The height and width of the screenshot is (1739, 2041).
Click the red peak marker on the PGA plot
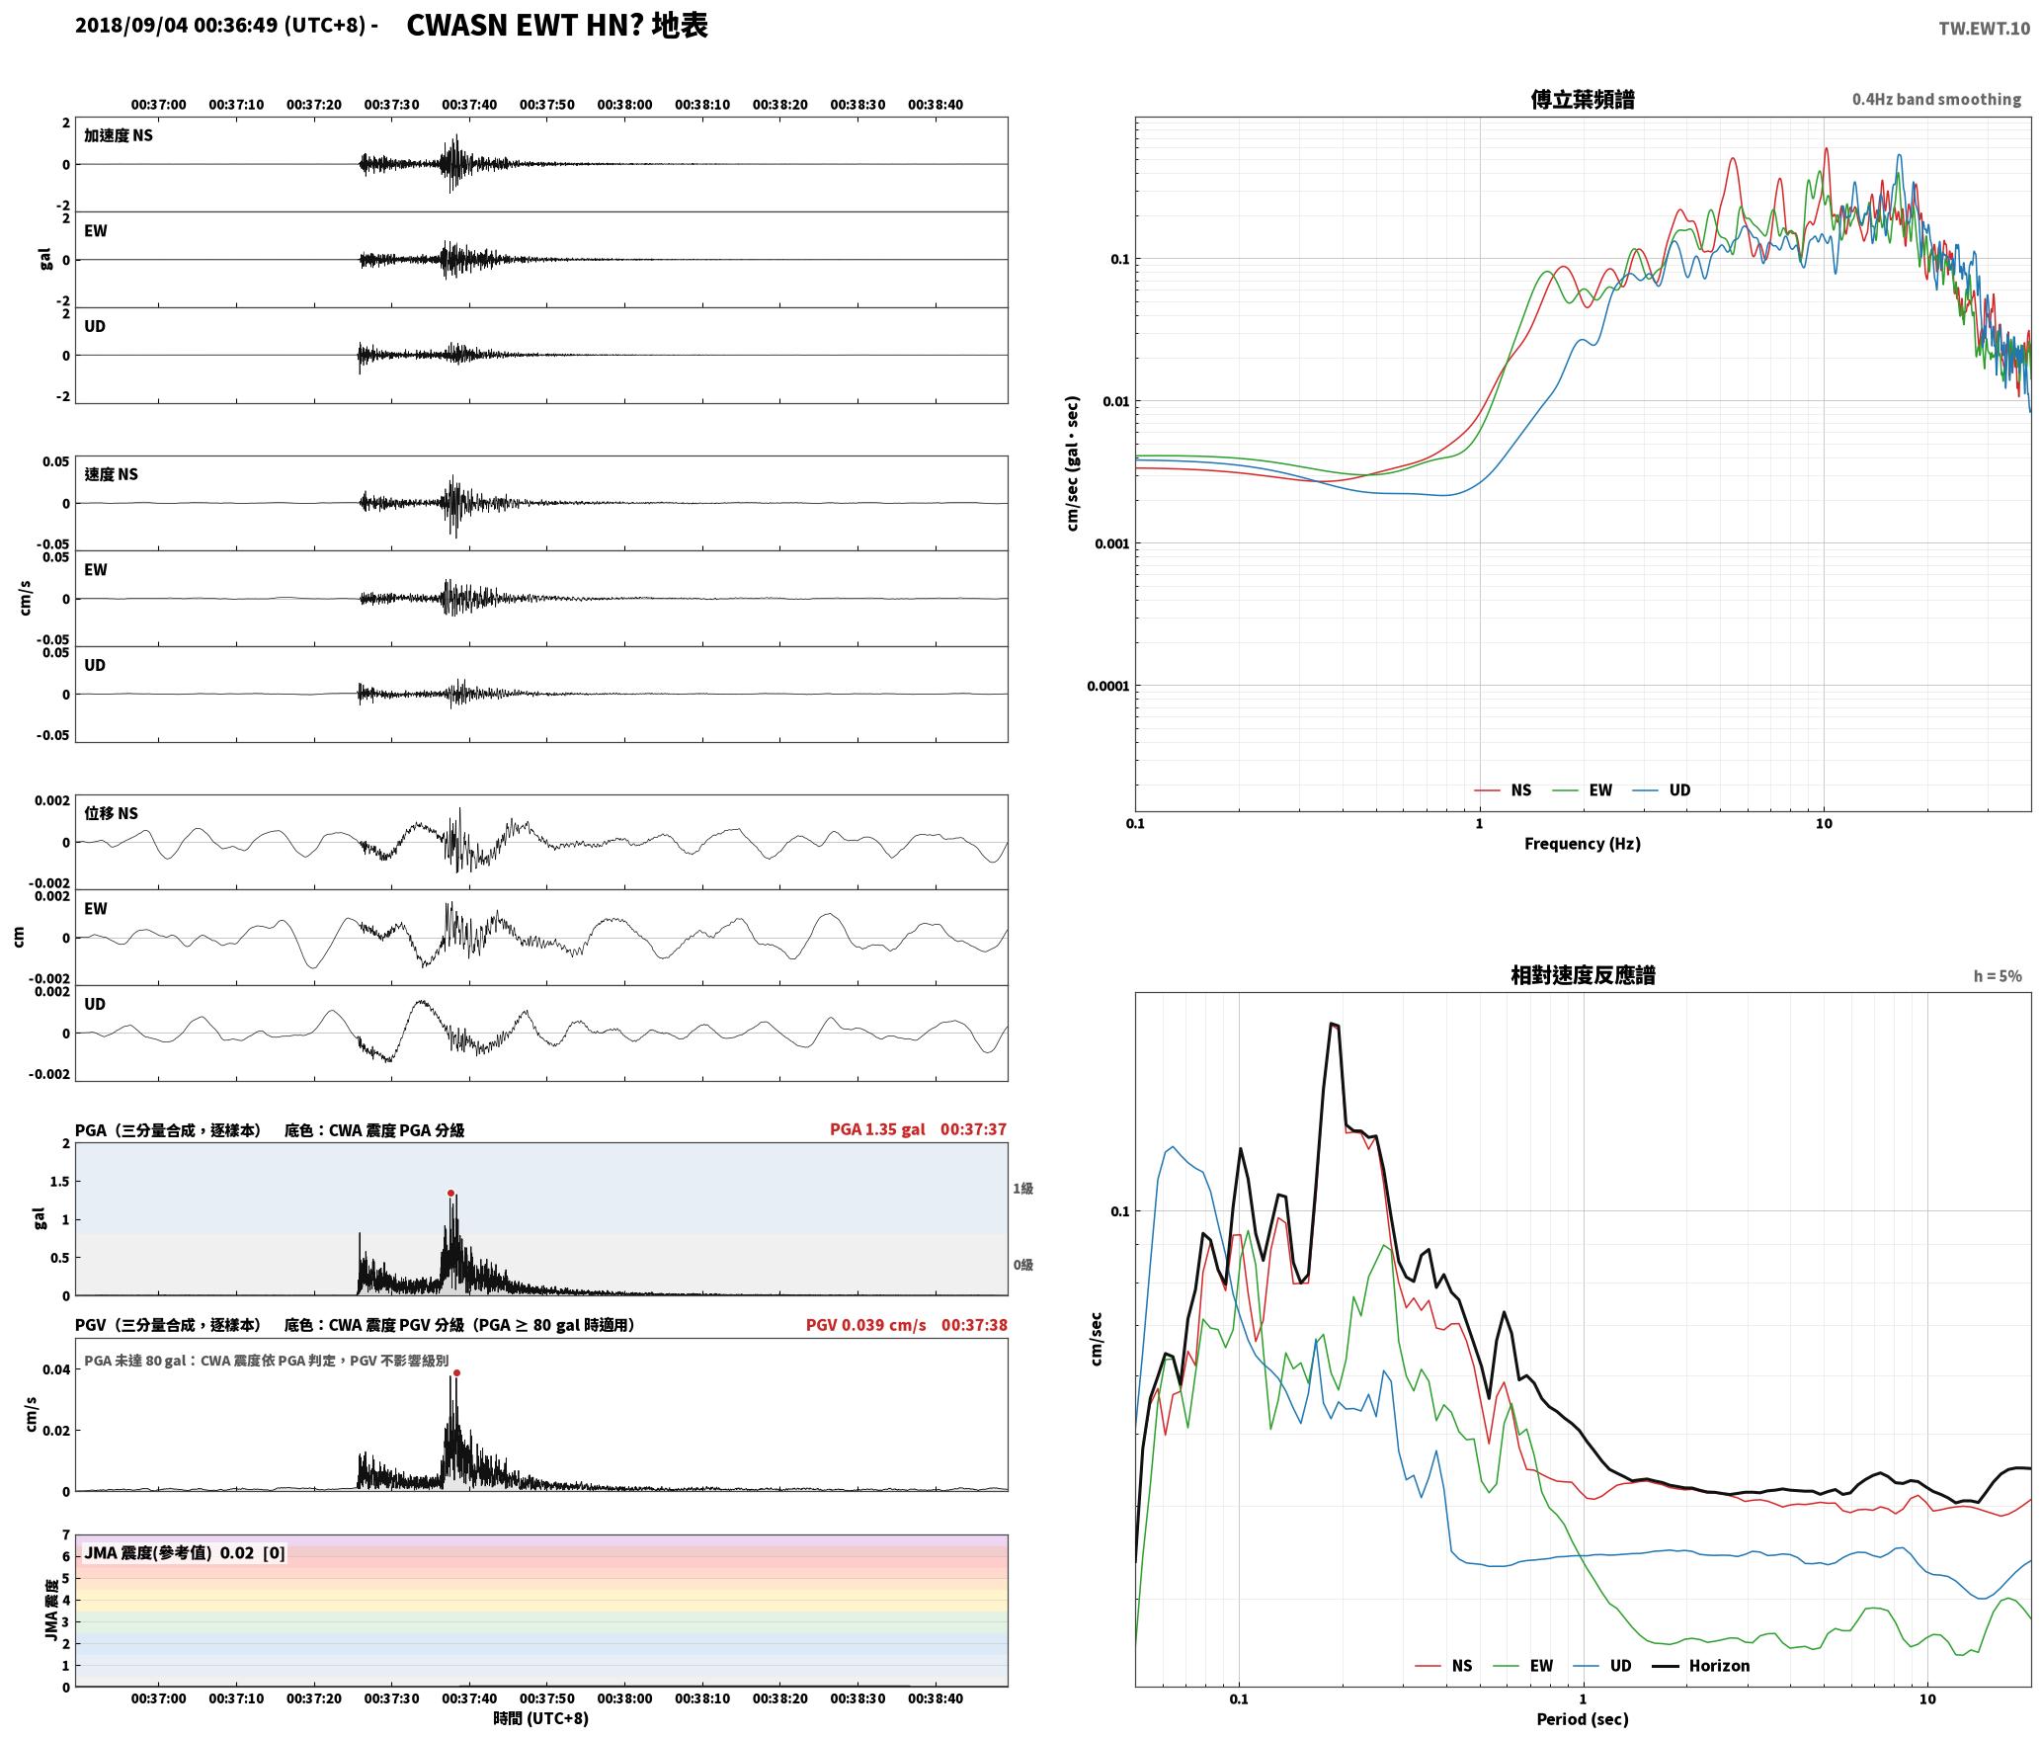click(x=450, y=1193)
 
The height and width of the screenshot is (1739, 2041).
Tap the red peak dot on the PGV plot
click(x=456, y=1372)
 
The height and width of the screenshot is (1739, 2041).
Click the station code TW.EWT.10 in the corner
click(x=1984, y=28)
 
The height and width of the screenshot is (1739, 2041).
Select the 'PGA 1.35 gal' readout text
click(x=877, y=1129)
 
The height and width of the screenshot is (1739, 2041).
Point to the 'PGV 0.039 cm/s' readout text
click(x=866, y=1325)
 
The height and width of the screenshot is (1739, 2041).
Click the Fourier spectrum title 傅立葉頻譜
click(x=1583, y=100)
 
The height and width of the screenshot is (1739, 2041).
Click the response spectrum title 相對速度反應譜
click(x=1583, y=975)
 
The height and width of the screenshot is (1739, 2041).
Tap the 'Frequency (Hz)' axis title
click(x=1582, y=844)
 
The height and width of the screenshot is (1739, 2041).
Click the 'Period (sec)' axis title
click(x=1582, y=1719)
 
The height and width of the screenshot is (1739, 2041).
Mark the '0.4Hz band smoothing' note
click(x=1936, y=100)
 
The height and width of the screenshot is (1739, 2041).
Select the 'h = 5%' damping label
click(x=1998, y=976)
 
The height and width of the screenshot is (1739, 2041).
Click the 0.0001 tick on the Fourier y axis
click(x=1107, y=686)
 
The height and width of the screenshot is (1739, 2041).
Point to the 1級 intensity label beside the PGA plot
click(x=1022, y=1189)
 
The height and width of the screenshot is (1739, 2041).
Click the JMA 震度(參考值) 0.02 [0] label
click(x=185, y=1553)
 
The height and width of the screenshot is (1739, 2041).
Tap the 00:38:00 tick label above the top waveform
click(x=624, y=105)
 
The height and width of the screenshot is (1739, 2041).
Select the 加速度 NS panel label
click(x=119, y=136)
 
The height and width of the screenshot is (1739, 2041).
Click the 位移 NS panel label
click(x=112, y=814)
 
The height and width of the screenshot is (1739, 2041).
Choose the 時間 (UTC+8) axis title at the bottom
click(x=541, y=1719)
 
